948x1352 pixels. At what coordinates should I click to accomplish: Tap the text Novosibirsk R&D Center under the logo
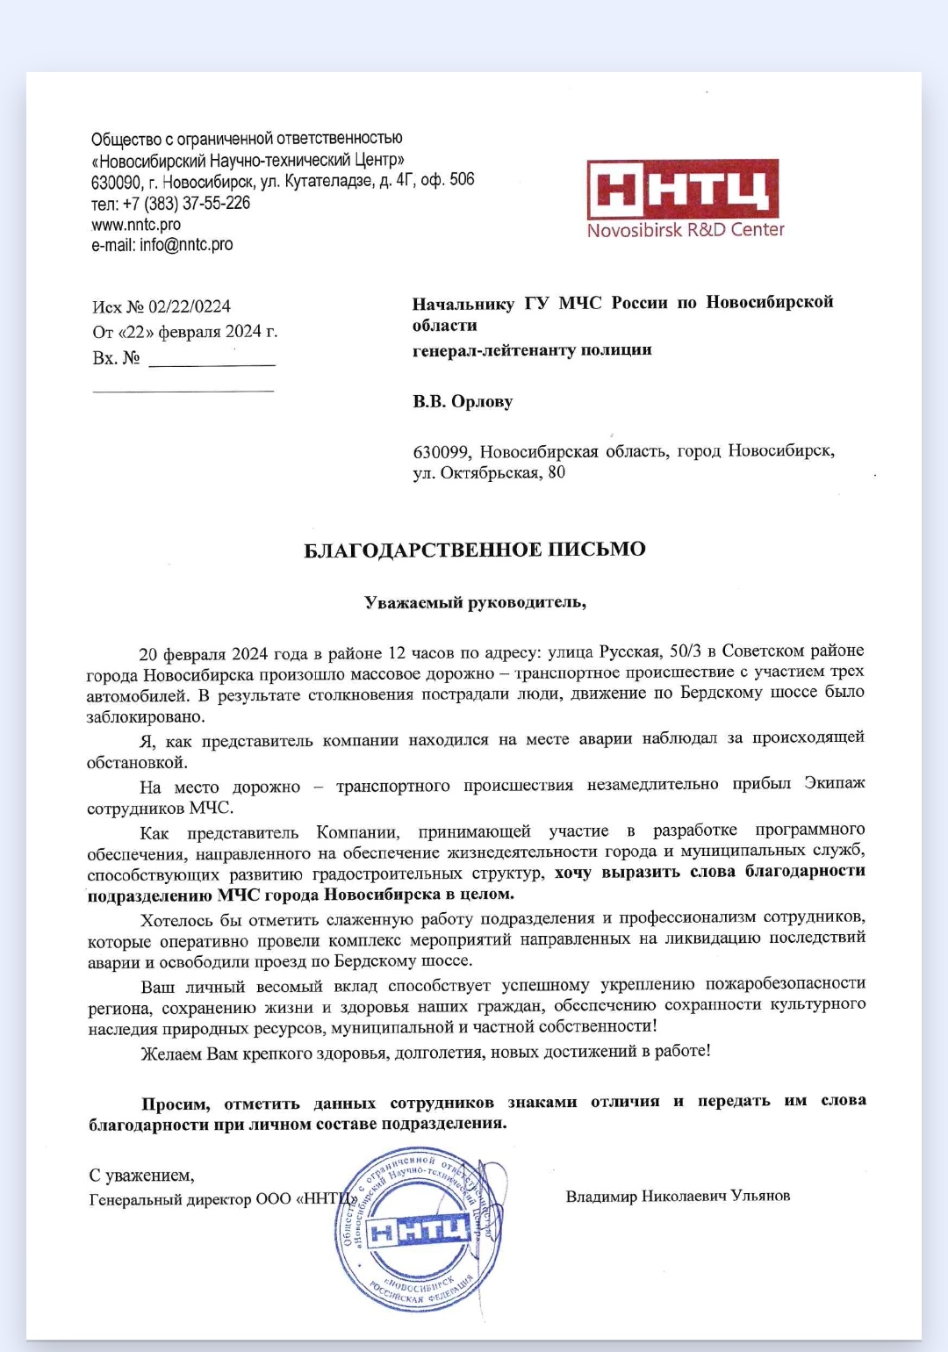pos(686,230)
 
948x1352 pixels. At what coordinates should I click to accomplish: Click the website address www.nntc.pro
pos(136,224)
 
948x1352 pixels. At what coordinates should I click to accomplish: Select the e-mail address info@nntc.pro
pos(186,245)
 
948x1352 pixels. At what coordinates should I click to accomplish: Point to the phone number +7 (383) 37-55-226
pos(186,203)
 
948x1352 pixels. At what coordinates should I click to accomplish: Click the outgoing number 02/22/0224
pos(189,306)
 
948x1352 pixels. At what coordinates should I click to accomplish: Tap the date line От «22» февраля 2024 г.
pos(184,331)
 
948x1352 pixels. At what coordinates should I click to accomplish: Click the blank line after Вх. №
pos(212,359)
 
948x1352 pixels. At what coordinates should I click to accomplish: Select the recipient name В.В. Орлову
pos(463,401)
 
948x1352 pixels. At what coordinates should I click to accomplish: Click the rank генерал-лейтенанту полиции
pos(532,349)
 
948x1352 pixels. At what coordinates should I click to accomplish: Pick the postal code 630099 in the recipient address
pos(441,451)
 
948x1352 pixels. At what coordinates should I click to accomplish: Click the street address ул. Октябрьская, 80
pos(489,472)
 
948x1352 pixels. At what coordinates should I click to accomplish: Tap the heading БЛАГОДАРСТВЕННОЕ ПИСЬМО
pos(474,550)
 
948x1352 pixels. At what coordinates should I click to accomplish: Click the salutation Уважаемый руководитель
pos(475,602)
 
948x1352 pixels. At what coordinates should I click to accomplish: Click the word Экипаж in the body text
pos(834,782)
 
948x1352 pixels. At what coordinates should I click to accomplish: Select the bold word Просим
pos(176,1104)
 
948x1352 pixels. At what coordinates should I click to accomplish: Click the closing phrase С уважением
pos(141,1175)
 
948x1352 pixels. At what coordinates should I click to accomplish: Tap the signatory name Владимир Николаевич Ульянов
pos(678,1196)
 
